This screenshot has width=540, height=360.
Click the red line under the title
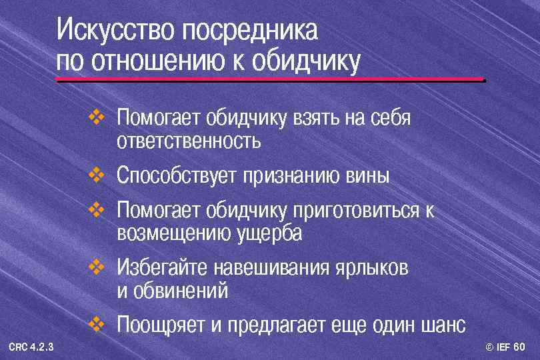pos(270,80)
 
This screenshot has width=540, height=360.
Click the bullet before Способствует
pos(96,176)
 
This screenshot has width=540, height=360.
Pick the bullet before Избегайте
pos(96,268)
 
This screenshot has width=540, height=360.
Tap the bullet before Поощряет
pos(96,325)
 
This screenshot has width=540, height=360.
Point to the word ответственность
pos(188,142)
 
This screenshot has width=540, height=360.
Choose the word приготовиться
pos(353,211)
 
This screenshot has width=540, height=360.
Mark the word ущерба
pos(269,234)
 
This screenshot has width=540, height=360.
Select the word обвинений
pos(179,291)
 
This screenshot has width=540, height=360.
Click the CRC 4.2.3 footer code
pos(31,347)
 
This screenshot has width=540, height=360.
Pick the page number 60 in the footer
pos(519,347)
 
